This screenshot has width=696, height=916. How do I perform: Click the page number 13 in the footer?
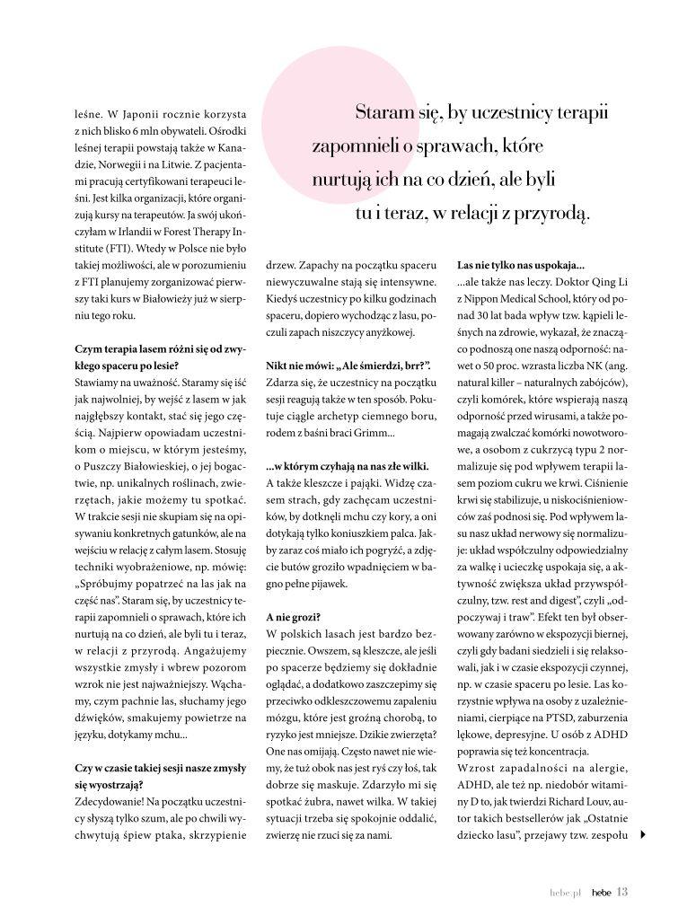tap(621, 892)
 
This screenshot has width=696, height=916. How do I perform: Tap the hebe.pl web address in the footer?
tap(567, 893)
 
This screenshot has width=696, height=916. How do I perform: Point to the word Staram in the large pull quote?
tap(381, 114)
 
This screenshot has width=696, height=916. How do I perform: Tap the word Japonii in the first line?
tap(139, 114)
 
